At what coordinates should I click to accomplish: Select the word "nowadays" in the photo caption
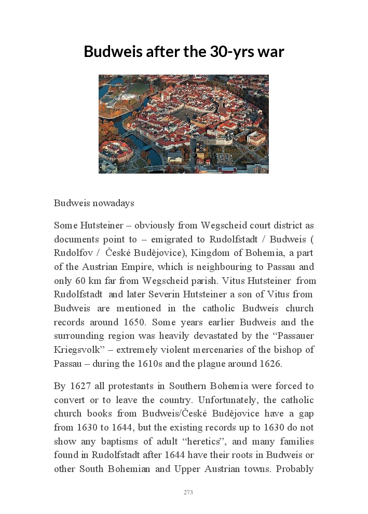click(x=110, y=203)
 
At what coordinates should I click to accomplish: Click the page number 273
click(x=188, y=492)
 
